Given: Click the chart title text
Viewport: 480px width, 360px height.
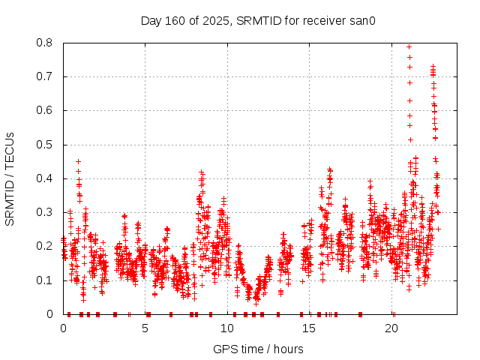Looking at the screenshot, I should pyautogui.click(x=258, y=20).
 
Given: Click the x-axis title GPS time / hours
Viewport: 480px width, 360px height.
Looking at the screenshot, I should pyautogui.click(x=258, y=349).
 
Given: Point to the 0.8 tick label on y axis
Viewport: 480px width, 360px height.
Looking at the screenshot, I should pyautogui.click(x=46, y=43).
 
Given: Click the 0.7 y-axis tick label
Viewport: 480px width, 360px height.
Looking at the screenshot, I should pyautogui.click(x=46, y=76).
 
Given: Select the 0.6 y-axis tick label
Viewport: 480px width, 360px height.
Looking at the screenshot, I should pyautogui.click(x=46, y=110).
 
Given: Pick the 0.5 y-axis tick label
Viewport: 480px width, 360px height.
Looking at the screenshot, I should pyautogui.click(x=46, y=145).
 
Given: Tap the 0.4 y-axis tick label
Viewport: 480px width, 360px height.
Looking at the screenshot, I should pyautogui.click(x=46, y=178).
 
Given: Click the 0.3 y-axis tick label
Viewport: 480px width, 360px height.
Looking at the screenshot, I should pyautogui.click(x=46, y=212).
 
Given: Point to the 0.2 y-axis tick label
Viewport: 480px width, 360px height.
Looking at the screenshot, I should pyautogui.click(x=46, y=246).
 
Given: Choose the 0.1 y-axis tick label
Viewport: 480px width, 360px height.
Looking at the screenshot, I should pyautogui.click(x=46, y=280).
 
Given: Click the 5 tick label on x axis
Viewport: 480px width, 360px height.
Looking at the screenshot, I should pyautogui.click(x=145, y=328).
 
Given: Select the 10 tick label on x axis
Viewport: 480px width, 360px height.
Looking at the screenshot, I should pyautogui.click(x=227, y=328).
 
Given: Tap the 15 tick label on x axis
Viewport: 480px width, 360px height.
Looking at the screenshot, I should pyautogui.click(x=310, y=328).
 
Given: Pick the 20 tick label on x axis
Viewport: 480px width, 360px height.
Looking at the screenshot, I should pyautogui.click(x=391, y=328).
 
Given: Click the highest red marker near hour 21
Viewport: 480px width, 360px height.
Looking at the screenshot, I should pyautogui.click(x=409, y=46).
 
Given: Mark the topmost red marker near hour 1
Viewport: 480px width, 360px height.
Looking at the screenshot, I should pyautogui.click(x=78, y=161).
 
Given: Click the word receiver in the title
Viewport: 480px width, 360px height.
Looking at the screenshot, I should pyautogui.click(x=322, y=20).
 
